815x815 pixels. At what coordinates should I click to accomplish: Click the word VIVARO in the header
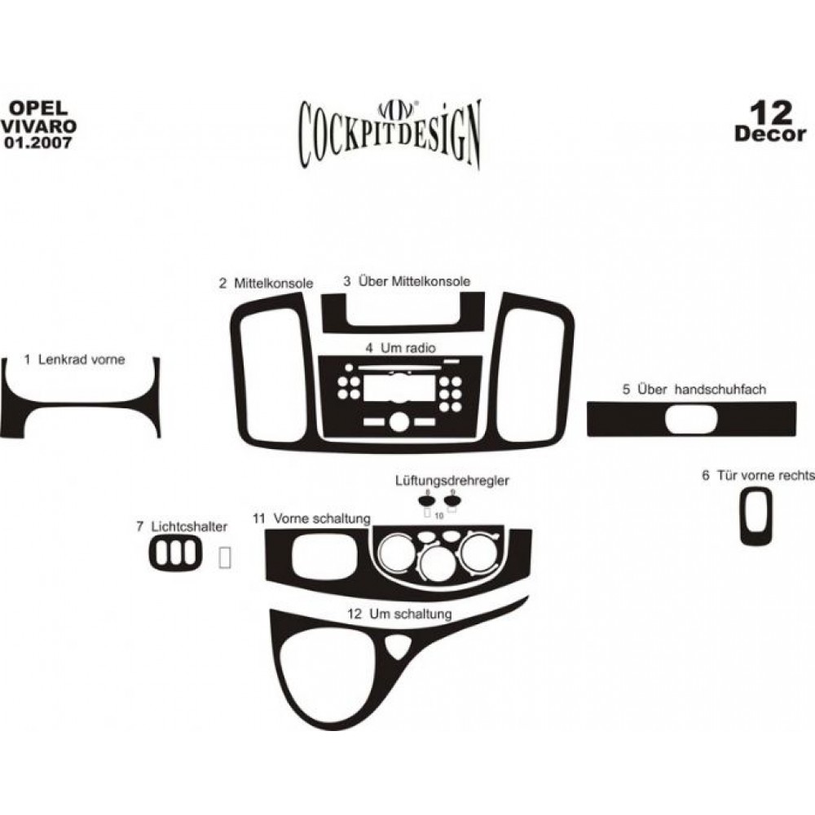[x=39, y=126]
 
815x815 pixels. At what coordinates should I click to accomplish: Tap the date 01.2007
[x=38, y=143]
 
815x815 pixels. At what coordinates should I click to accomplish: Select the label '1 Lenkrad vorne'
[x=74, y=359]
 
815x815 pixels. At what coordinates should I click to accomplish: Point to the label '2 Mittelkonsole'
[x=266, y=284]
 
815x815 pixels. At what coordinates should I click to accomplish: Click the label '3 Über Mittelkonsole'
[x=407, y=281]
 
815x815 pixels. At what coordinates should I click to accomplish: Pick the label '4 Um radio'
[x=400, y=348]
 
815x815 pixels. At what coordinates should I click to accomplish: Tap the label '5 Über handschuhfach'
[x=694, y=389]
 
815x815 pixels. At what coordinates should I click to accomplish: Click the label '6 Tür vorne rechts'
[x=758, y=475]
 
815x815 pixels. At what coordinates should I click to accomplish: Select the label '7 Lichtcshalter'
[x=182, y=526]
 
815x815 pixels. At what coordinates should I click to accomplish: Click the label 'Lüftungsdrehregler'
[x=452, y=481]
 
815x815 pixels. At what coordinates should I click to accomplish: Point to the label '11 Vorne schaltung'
[x=311, y=518]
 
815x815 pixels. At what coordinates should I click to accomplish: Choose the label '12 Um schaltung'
[x=399, y=614]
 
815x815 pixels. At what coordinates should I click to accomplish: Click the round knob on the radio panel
[x=399, y=421]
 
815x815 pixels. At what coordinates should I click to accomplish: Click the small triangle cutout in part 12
[x=398, y=647]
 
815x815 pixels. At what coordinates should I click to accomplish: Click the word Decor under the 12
[x=770, y=134]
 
